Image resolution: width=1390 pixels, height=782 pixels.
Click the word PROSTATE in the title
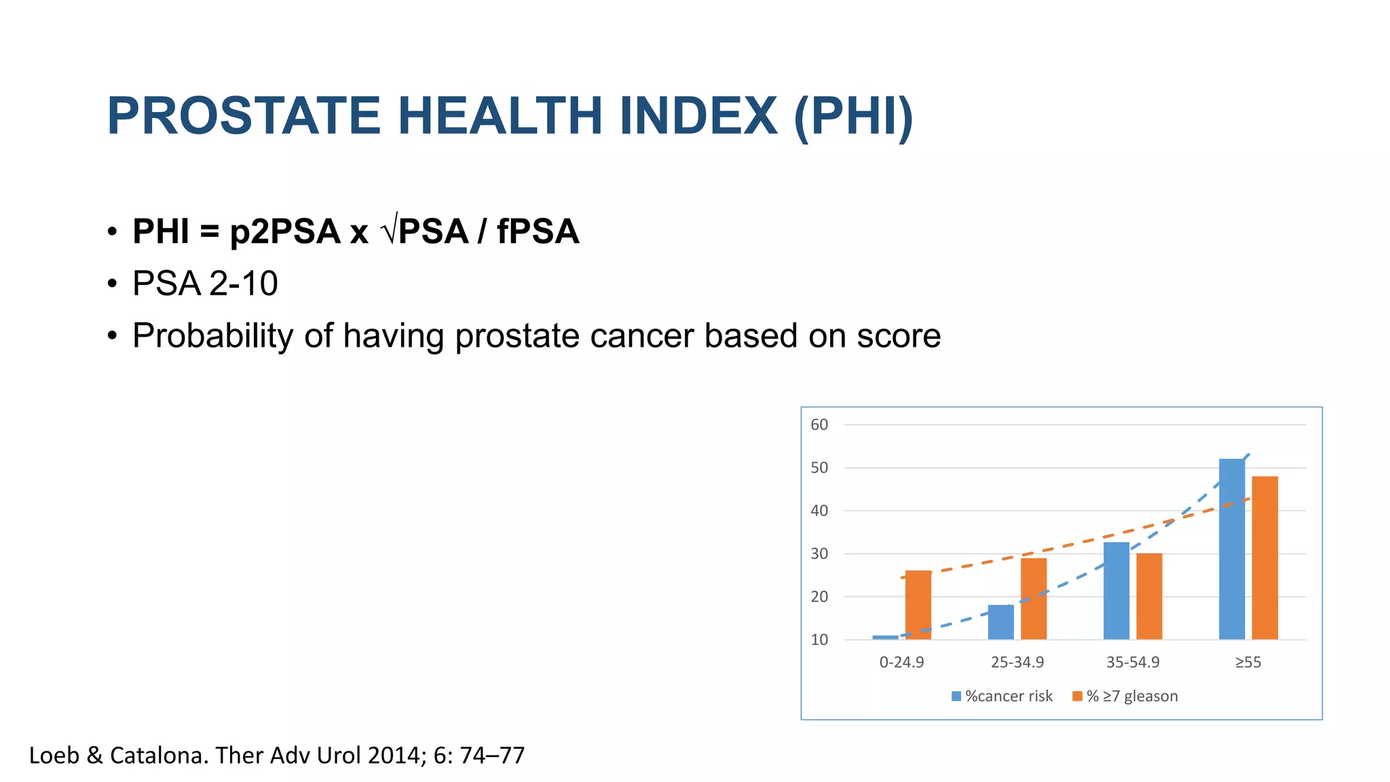pos(243,117)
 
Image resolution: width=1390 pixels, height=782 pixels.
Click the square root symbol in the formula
pos(389,231)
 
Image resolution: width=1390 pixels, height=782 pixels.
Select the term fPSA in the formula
pos(538,231)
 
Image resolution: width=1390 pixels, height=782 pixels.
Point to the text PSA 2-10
pos(205,284)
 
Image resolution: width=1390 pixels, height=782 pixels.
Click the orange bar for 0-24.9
pos(918,605)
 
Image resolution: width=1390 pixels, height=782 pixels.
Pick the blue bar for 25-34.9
pos(1000,622)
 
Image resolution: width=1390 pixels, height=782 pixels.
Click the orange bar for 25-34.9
pos(1033,598)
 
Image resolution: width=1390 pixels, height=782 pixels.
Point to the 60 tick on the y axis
pos(819,425)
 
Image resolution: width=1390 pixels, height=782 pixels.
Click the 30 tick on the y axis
pos(819,554)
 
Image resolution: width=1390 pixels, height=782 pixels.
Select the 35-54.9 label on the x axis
pos(1132,663)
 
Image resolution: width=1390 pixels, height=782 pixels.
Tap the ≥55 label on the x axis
pos(1247,663)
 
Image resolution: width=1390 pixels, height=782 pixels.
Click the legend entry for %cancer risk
pos(1002,696)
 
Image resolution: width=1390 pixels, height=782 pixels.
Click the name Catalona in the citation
pos(158,756)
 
